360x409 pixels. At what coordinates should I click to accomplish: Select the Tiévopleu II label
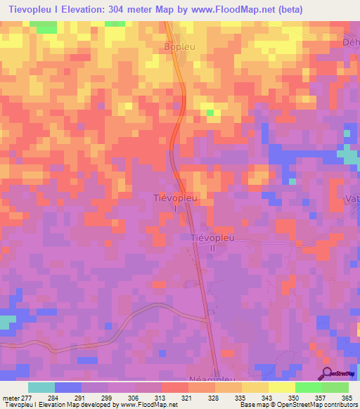tap(212, 242)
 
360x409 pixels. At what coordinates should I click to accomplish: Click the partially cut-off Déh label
tap(351, 41)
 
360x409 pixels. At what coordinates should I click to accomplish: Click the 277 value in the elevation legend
tap(29, 398)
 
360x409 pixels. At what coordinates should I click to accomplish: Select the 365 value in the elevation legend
tap(346, 398)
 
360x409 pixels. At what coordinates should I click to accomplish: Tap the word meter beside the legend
tap(11, 398)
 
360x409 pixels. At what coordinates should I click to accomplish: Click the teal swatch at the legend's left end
tap(41, 387)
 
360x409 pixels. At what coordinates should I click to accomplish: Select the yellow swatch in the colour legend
tap(282, 387)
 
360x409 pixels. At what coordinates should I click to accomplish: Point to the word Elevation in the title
tap(89, 10)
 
